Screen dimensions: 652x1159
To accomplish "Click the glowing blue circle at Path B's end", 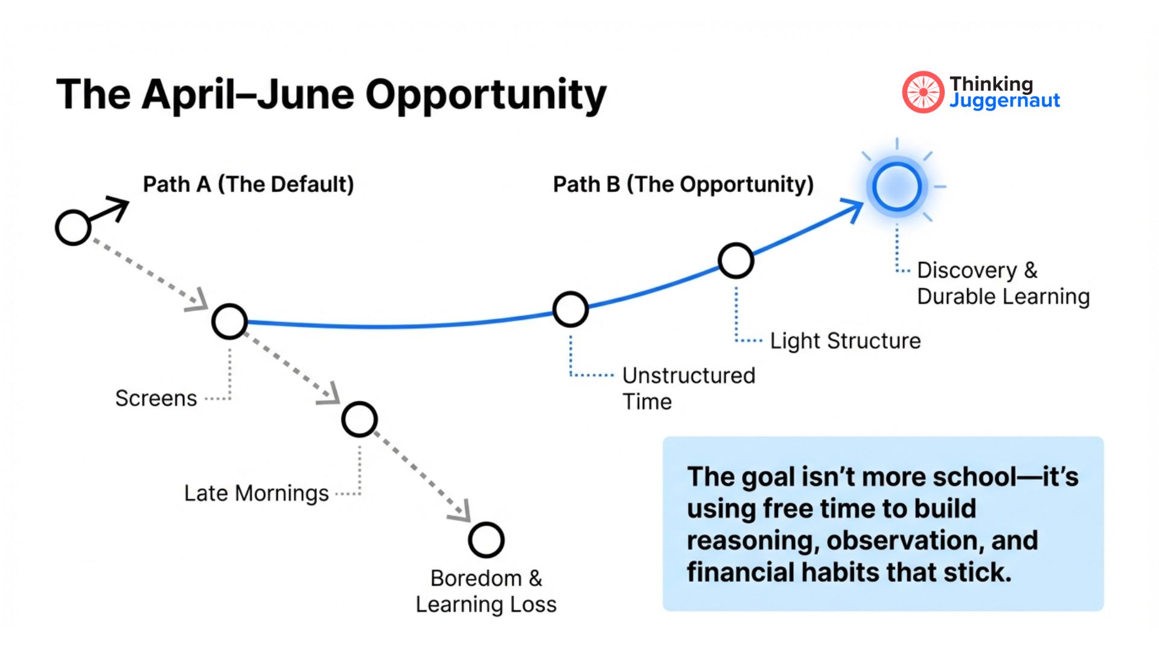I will click(896, 187).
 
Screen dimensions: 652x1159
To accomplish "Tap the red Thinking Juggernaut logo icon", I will click(922, 92).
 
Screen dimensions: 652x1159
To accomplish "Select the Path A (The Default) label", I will click(248, 184).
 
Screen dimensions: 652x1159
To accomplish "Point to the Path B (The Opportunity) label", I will click(683, 184).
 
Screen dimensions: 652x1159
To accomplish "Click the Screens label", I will click(156, 398).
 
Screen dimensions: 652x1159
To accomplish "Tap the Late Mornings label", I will click(256, 493).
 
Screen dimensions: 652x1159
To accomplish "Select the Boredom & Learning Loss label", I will click(486, 591).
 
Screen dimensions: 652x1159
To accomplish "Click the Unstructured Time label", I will click(688, 388).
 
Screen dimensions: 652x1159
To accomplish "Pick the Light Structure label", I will click(845, 341).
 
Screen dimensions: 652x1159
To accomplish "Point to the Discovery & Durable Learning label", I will click(1003, 283).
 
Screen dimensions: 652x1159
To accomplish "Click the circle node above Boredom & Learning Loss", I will click(486, 540).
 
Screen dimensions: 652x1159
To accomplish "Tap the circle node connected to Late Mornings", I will click(359, 420).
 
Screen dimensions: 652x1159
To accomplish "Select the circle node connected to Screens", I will click(229, 321).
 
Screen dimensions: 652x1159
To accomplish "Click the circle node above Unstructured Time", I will click(570, 310).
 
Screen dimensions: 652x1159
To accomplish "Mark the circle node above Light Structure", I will click(735, 261).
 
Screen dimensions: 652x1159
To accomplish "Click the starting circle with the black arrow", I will click(73, 228).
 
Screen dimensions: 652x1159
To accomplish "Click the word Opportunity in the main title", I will click(485, 95).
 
